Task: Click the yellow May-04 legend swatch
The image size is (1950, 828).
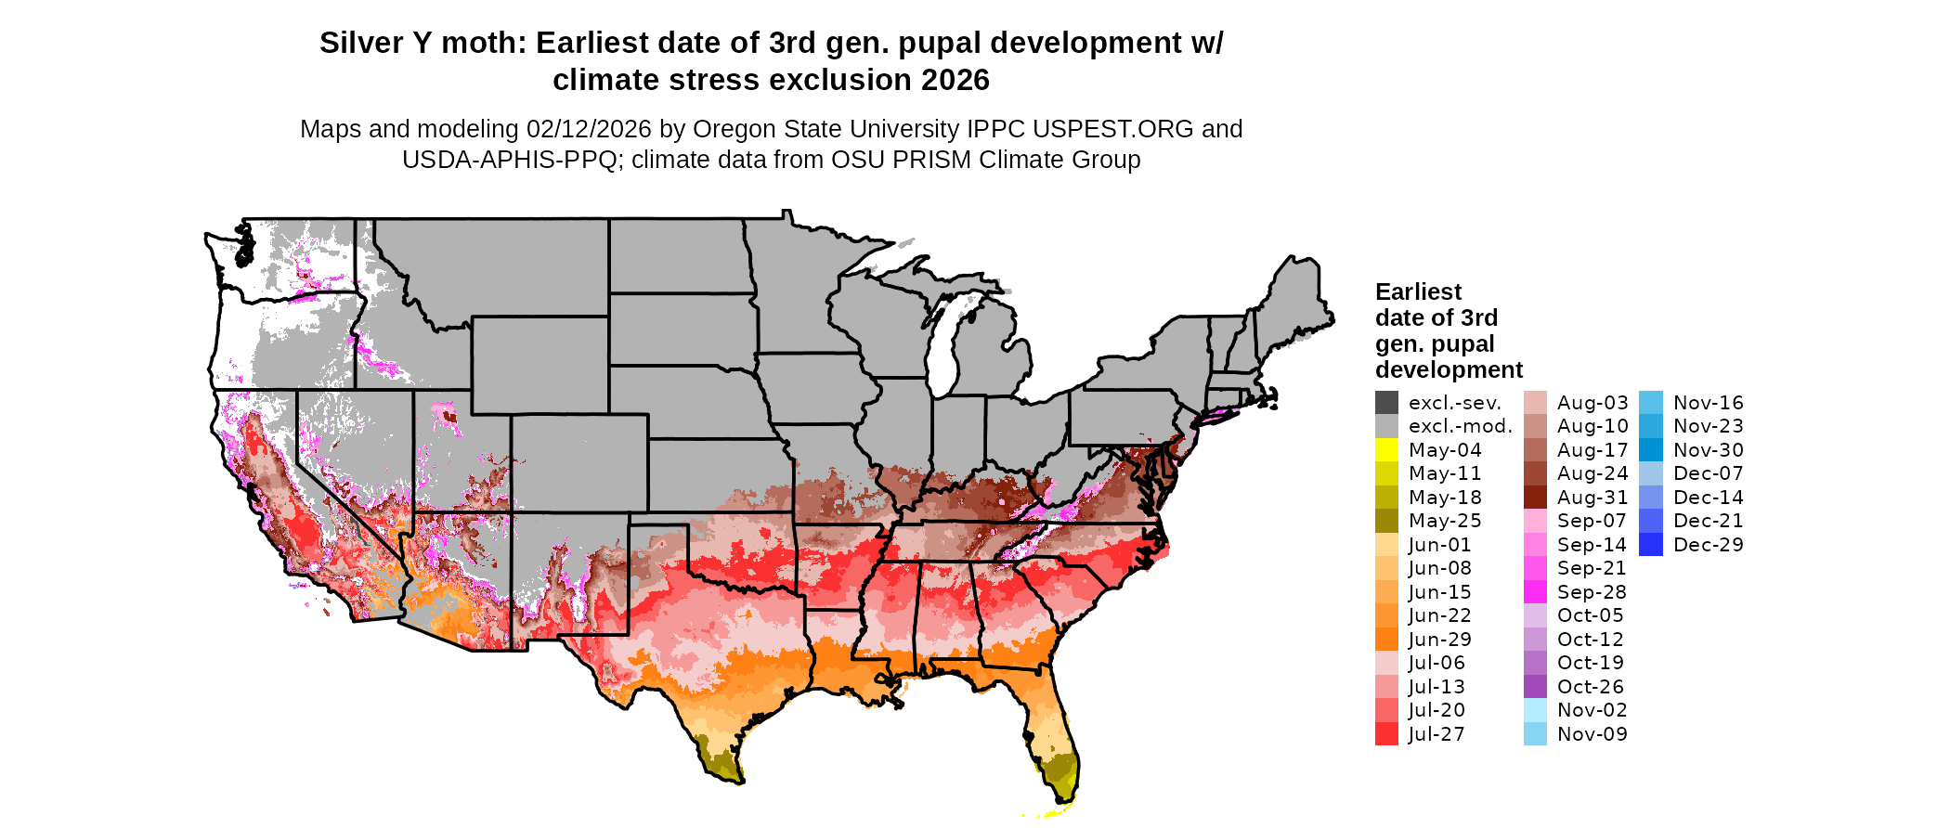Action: coord(1386,450)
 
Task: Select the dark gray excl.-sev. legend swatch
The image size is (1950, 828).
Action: coord(1386,403)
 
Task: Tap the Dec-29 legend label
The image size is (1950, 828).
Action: coord(1708,545)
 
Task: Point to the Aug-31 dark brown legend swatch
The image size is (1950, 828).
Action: coord(1535,498)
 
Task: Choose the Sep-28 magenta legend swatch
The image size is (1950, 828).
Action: coord(1535,592)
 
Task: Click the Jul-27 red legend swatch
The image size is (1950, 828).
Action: coord(1386,734)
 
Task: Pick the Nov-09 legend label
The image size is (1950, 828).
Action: coord(1592,734)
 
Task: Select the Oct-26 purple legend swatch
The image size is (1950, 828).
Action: coord(1535,687)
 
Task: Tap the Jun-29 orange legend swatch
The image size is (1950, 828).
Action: coord(1386,640)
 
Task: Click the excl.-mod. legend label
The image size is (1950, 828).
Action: coord(1460,426)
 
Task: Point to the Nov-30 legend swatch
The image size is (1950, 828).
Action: coord(1651,450)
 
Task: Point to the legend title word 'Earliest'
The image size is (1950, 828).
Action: coord(1418,291)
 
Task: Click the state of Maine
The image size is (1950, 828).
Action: coord(1295,297)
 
